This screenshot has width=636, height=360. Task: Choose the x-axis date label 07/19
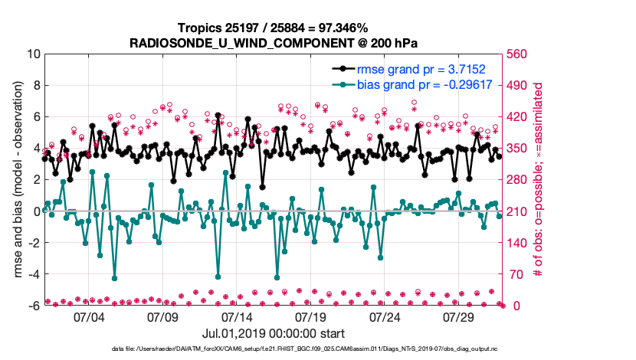tap(312, 316)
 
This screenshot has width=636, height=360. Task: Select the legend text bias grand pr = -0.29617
tap(433, 84)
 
